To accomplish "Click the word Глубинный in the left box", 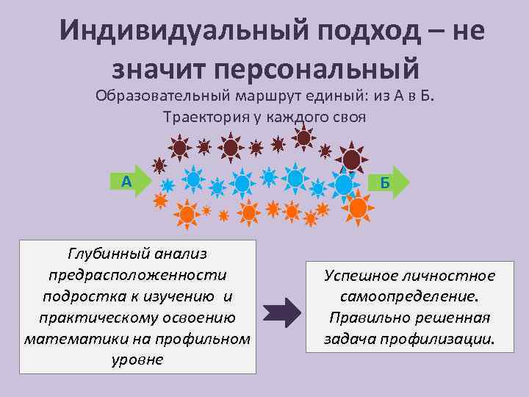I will pos(102,254).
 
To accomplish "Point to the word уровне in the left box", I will pos(137,360).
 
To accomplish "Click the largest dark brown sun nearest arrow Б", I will pos(353,159).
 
